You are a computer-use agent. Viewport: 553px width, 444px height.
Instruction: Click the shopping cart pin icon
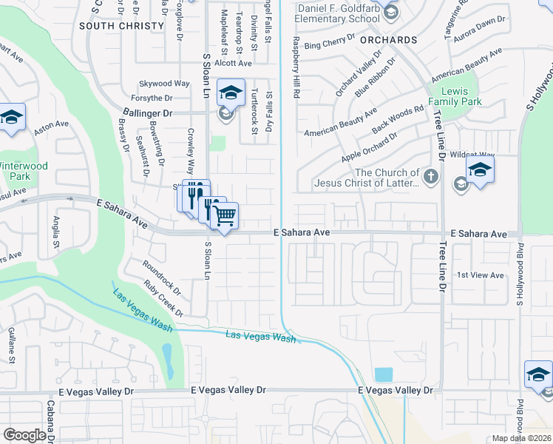click(224, 216)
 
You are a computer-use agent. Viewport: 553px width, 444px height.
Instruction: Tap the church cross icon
click(431, 177)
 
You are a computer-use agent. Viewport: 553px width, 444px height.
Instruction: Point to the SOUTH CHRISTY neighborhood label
click(121, 26)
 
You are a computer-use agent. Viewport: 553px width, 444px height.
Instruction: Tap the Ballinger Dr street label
click(146, 113)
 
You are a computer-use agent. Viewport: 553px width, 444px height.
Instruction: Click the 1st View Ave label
click(480, 275)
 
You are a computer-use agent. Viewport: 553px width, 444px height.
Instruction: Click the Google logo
click(24, 435)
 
